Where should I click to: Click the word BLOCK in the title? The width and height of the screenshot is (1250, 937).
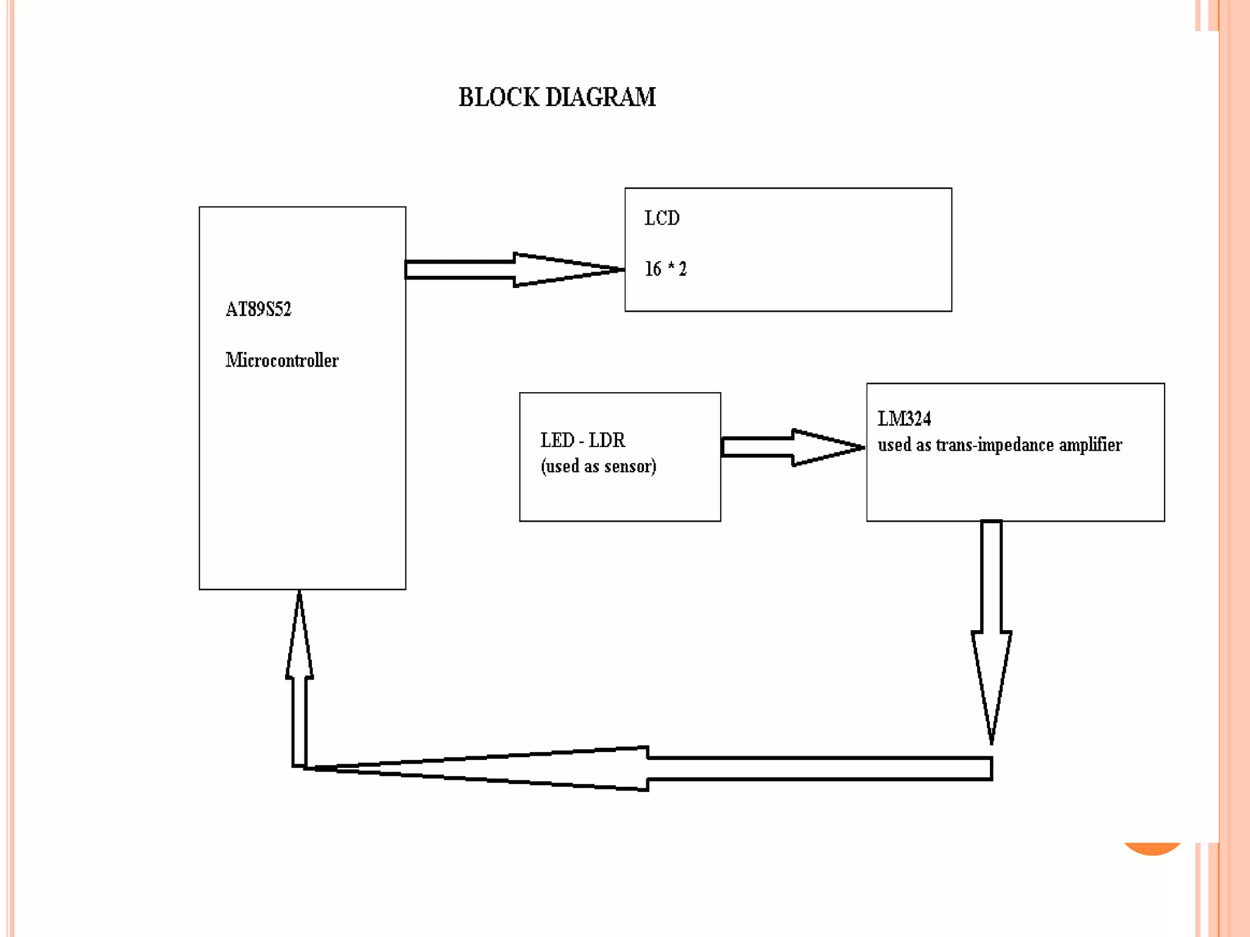pyautogui.click(x=499, y=98)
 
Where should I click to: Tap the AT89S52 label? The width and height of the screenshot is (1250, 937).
pyautogui.click(x=258, y=309)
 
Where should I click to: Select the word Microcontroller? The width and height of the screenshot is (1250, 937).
pyautogui.click(x=282, y=361)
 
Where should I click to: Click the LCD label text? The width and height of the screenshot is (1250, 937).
pyautogui.click(x=662, y=218)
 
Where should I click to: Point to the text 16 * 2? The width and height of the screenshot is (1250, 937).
pyautogui.click(x=665, y=269)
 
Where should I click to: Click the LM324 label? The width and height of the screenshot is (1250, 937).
pyautogui.click(x=904, y=419)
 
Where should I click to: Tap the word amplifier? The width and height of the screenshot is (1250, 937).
pyautogui.click(x=1090, y=445)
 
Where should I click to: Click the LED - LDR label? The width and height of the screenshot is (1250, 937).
pyautogui.click(x=582, y=440)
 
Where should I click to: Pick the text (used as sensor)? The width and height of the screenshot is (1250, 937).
pyautogui.click(x=598, y=467)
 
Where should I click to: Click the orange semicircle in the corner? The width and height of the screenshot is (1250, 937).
pyautogui.click(x=1152, y=849)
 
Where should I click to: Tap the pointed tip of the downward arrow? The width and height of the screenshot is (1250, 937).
pyautogui.click(x=991, y=741)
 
